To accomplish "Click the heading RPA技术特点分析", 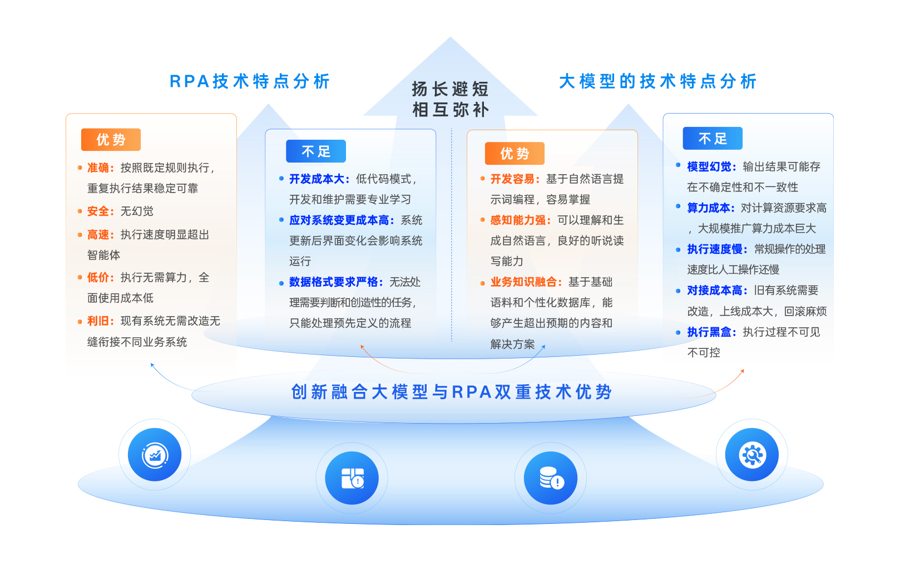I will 250,81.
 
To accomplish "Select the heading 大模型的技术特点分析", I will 657,81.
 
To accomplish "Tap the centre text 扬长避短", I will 450,89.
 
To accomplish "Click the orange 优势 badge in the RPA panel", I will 111,140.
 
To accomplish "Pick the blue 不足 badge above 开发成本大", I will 316,151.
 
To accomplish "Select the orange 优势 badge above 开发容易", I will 515,154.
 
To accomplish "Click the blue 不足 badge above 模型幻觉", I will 713,139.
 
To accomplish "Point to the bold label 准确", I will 98,168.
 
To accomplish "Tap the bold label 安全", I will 98,211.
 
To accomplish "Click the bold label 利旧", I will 98,321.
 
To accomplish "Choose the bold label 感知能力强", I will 518,220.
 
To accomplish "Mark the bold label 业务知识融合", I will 524,282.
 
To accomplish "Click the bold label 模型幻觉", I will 709,166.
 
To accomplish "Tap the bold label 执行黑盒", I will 709,332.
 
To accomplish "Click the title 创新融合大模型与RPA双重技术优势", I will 451,392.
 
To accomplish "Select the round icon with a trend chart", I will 155,455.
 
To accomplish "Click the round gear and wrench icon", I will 752,455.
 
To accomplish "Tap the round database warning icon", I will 551,478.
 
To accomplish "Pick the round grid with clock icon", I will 352,478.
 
